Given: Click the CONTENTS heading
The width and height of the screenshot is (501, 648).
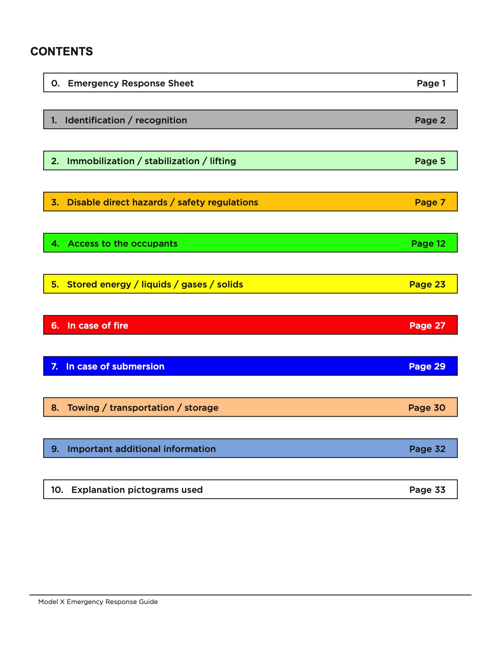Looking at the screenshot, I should pyautogui.click(x=62, y=51).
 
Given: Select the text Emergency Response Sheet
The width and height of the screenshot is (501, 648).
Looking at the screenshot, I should pyautogui.click(x=130, y=83).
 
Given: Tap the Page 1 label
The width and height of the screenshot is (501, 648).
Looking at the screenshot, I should pyautogui.click(x=431, y=83).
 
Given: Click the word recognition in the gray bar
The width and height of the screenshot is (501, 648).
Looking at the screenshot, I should pyautogui.click(x=161, y=120).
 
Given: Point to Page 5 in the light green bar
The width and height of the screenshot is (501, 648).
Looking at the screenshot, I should pyautogui.click(x=430, y=161).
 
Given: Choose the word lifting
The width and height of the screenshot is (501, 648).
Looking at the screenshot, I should pyautogui.click(x=223, y=161).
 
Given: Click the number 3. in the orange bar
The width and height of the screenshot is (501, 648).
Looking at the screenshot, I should pyautogui.click(x=55, y=202).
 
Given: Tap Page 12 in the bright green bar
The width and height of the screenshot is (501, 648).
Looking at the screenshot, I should pyautogui.click(x=428, y=243).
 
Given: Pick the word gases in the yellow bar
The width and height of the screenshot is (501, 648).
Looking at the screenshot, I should pyautogui.click(x=194, y=284).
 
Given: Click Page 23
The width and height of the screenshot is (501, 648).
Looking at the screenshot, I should pyautogui.click(x=427, y=284).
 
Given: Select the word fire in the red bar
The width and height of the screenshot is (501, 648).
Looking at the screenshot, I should pyautogui.click(x=121, y=326).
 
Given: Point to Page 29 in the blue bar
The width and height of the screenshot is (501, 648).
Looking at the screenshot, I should pyautogui.click(x=427, y=366).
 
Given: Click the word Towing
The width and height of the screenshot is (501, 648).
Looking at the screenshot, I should pyautogui.click(x=83, y=408).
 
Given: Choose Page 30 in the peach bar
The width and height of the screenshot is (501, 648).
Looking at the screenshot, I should pyautogui.click(x=427, y=408).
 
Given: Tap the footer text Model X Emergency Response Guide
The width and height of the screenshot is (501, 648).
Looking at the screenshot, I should pyautogui.click(x=98, y=602).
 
